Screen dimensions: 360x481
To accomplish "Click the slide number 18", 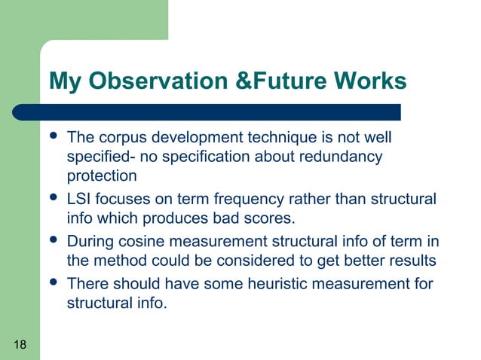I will click(x=20, y=345).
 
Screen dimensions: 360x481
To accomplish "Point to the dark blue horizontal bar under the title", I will click(x=219, y=112).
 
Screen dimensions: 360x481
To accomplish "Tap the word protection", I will click(x=102, y=177).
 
